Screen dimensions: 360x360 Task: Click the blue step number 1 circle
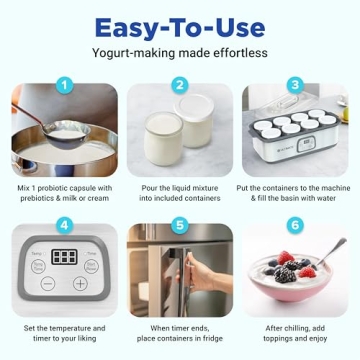coord(65,86)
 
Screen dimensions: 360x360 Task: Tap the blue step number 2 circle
coord(180,86)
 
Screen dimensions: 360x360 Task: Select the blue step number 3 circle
coord(295,86)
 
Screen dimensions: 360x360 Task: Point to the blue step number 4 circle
coord(65,226)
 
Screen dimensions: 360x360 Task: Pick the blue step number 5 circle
coord(180,226)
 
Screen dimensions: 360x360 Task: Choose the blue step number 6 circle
coord(295,226)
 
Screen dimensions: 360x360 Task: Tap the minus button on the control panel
coord(47,284)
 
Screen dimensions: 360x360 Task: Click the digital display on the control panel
coord(65,257)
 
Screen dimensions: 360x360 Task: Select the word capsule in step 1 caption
coord(88,188)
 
